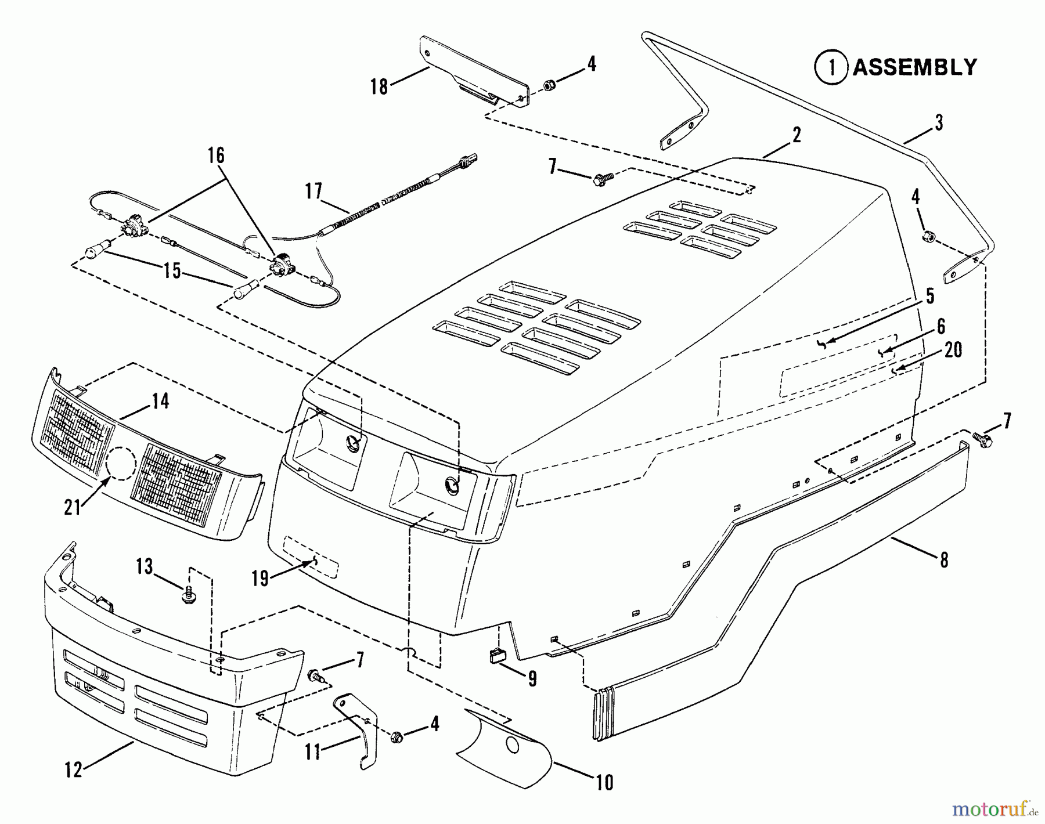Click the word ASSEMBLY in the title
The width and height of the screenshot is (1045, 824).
914,67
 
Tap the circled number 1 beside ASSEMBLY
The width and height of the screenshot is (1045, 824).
833,67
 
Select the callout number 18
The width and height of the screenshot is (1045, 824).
379,86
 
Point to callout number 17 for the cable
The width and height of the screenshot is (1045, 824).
313,191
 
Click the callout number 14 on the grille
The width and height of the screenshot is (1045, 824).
161,400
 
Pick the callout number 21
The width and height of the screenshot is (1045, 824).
73,507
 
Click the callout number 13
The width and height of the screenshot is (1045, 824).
145,566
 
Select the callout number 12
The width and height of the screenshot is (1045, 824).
74,769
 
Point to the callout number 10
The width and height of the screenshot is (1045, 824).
604,782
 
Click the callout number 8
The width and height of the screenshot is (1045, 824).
943,560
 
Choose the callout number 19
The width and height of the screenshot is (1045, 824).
260,578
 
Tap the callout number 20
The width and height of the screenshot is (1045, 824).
953,350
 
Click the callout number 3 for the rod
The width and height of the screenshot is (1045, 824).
939,123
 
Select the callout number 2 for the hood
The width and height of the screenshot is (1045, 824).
797,135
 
